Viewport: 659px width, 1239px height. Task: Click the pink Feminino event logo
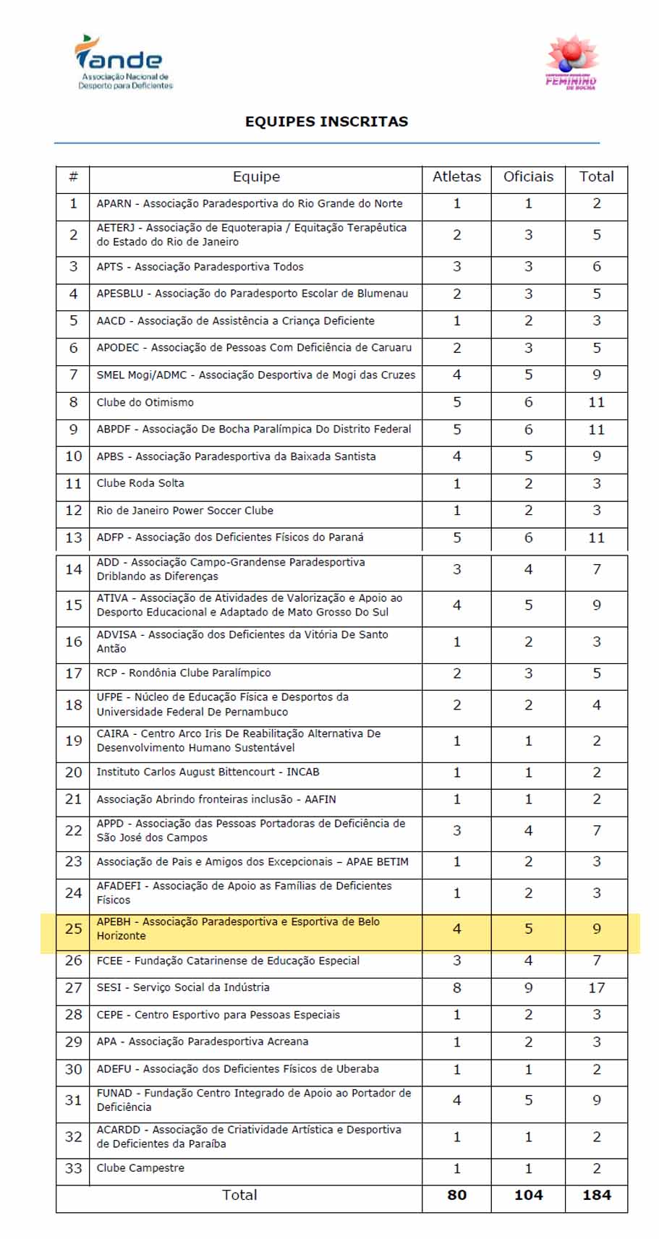(x=571, y=62)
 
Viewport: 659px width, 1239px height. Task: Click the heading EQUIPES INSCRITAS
(x=326, y=122)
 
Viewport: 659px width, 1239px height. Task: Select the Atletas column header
(x=456, y=177)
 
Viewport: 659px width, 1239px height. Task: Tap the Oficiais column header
(x=528, y=177)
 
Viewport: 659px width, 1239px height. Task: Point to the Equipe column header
(x=256, y=177)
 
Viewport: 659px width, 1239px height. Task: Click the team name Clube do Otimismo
(x=145, y=402)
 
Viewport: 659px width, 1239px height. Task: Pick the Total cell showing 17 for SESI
(x=596, y=988)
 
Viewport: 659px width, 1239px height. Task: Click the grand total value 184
(x=596, y=1196)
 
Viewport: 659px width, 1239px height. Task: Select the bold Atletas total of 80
(x=456, y=1196)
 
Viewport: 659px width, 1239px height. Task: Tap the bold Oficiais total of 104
(x=528, y=1196)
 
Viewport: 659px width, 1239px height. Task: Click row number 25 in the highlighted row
(x=73, y=929)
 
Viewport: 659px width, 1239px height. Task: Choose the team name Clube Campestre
(x=140, y=1168)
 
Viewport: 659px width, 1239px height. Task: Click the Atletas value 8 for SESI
(x=456, y=988)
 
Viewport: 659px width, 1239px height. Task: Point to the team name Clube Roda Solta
(x=140, y=483)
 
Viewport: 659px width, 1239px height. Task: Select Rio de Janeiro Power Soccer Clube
(x=185, y=511)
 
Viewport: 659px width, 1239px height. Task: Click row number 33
(x=73, y=1168)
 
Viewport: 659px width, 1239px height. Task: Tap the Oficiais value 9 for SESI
(x=528, y=988)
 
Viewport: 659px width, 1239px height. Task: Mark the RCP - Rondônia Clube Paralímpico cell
(x=184, y=673)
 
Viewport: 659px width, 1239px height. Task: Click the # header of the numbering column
(x=73, y=177)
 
